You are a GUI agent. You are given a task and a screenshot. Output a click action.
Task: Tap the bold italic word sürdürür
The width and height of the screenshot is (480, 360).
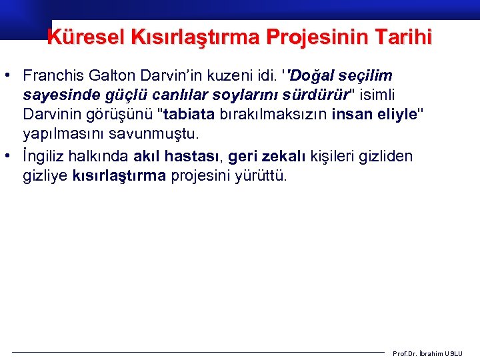tap(320, 95)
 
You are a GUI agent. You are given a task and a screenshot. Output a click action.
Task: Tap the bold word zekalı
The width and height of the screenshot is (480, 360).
tap(281, 156)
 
